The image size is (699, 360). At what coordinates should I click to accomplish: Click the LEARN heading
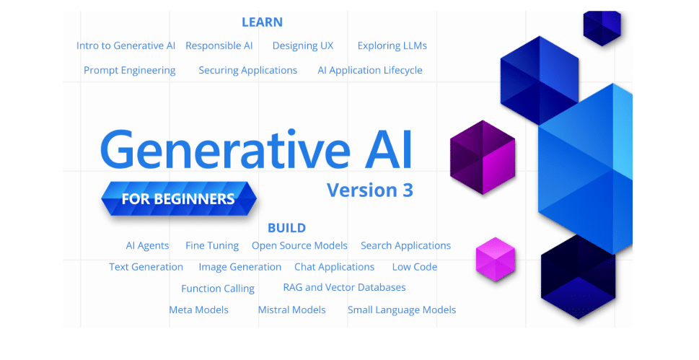(262, 22)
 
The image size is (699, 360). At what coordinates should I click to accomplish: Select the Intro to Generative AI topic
(126, 45)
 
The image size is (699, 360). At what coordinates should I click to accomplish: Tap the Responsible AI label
(219, 45)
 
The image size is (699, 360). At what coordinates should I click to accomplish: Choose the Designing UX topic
(302, 45)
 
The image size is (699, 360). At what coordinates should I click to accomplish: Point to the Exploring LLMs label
(392, 45)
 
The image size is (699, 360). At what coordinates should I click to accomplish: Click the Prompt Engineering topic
(129, 70)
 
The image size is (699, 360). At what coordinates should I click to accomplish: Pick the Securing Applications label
(247, 70)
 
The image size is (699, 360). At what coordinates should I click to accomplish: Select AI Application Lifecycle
(369, 70)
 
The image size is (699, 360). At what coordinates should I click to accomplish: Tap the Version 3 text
(369, 190)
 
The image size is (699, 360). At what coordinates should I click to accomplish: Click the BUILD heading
(286, 228)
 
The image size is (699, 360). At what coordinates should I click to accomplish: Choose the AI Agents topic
(147, 245)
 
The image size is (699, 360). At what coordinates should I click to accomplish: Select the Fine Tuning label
(211, 245)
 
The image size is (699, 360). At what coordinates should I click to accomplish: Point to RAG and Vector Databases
(344, 287)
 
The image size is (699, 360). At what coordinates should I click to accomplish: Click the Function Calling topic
(217, 289)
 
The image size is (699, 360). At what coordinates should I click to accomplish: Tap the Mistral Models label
(291, 309)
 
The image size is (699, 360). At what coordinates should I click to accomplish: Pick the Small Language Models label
(401, 309)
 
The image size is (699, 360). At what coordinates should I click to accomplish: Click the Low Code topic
(414, 267)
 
